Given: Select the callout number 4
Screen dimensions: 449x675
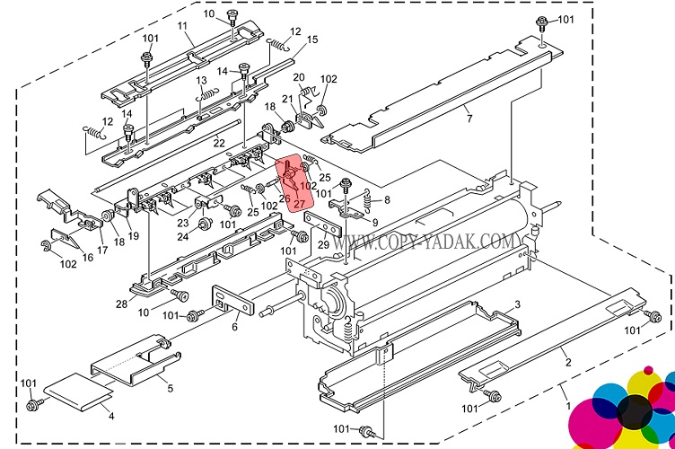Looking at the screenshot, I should pos(111,416).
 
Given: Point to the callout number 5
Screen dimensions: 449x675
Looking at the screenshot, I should pos(170,388).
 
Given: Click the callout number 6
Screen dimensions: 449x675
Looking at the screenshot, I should pos(234,326).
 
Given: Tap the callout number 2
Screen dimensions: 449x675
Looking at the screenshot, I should pos(567,363).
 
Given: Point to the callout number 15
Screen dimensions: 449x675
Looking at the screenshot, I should pos(312,40).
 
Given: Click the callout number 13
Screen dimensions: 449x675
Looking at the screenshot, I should pos(202,81).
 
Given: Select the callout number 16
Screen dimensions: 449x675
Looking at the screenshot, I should pos(86,257).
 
